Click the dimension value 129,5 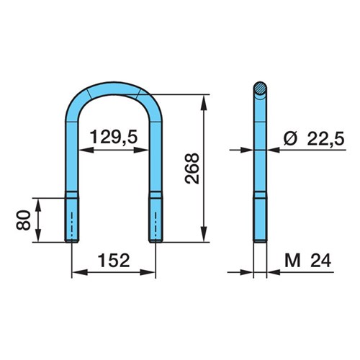click(114, 137)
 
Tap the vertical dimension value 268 click(192, 168)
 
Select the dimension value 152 click(114, 261)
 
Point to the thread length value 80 click(24, 220)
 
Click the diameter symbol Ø click(290, 138)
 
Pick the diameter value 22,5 click(325, 138)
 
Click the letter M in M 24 click(292, 261)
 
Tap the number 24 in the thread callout click(321, 261)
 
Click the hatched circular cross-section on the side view click(260, 88)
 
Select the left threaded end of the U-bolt click(72, 220)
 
